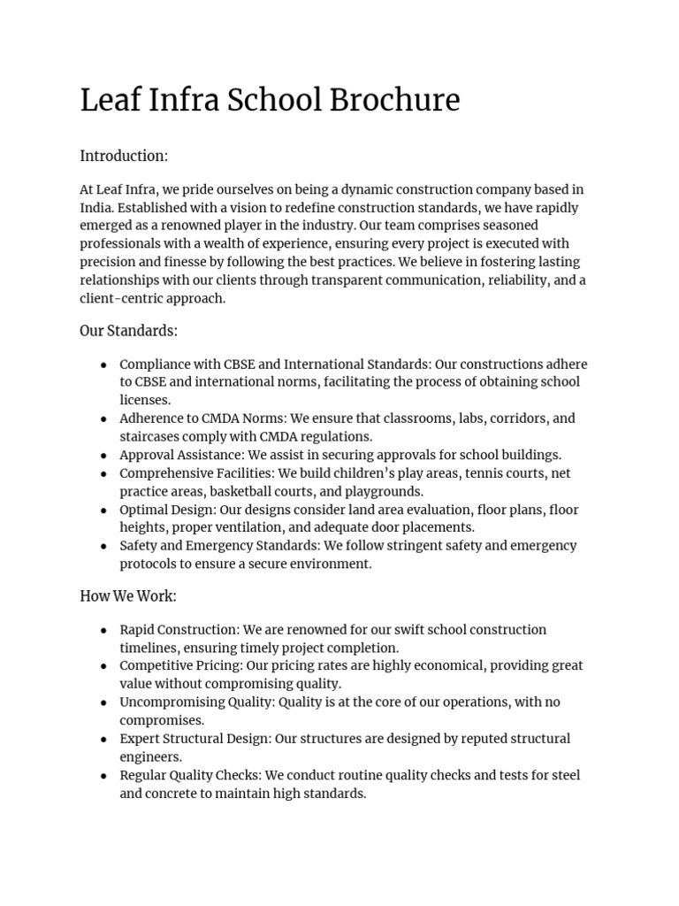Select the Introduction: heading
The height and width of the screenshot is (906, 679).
tap(124, 157)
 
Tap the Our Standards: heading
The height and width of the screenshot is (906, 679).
tap(129, 331)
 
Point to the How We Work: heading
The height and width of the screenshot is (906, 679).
tap(128, 596)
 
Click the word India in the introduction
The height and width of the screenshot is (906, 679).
tap(96, 208)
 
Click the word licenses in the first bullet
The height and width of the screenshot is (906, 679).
tap(145, 401)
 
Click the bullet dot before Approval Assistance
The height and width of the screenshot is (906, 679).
tap(104, 456)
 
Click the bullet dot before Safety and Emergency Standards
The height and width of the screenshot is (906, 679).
tap(104, 546)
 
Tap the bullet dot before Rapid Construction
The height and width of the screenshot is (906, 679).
tap(104, 630)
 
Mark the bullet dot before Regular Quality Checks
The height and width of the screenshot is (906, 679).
tap(104, 775)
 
